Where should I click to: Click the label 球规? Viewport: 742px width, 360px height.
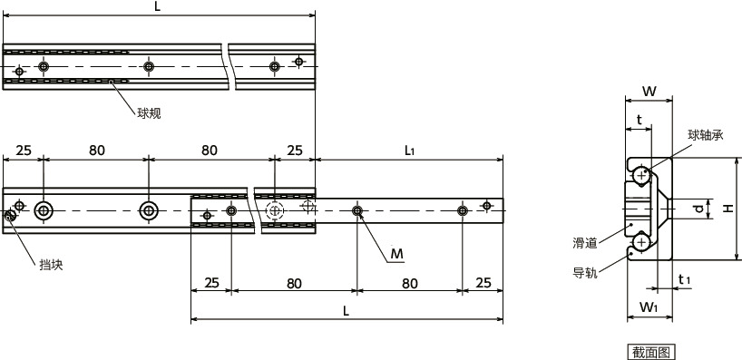coord(149,113)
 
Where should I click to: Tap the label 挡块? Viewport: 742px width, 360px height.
coord(51,265)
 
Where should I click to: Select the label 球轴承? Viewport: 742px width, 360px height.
coord(706,136)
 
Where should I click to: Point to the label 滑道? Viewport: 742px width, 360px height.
coord(585,244)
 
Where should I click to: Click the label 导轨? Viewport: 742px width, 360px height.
coord(585,273)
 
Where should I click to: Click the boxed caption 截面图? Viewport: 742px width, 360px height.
coord(651,353)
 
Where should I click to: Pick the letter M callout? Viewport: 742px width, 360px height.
coord(397,255)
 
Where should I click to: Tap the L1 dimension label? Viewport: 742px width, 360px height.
coord(409,151)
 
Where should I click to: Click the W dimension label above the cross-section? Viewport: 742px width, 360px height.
coord(649,92)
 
